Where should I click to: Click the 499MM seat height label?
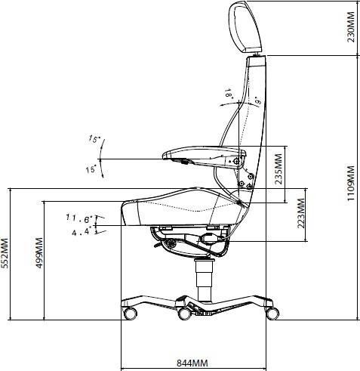pos(39,257)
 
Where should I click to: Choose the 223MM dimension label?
pos(301,215)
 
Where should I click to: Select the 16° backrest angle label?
pos(227,94)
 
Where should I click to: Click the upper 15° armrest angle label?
pos(94,139)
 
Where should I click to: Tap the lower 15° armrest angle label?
pos(91,170)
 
